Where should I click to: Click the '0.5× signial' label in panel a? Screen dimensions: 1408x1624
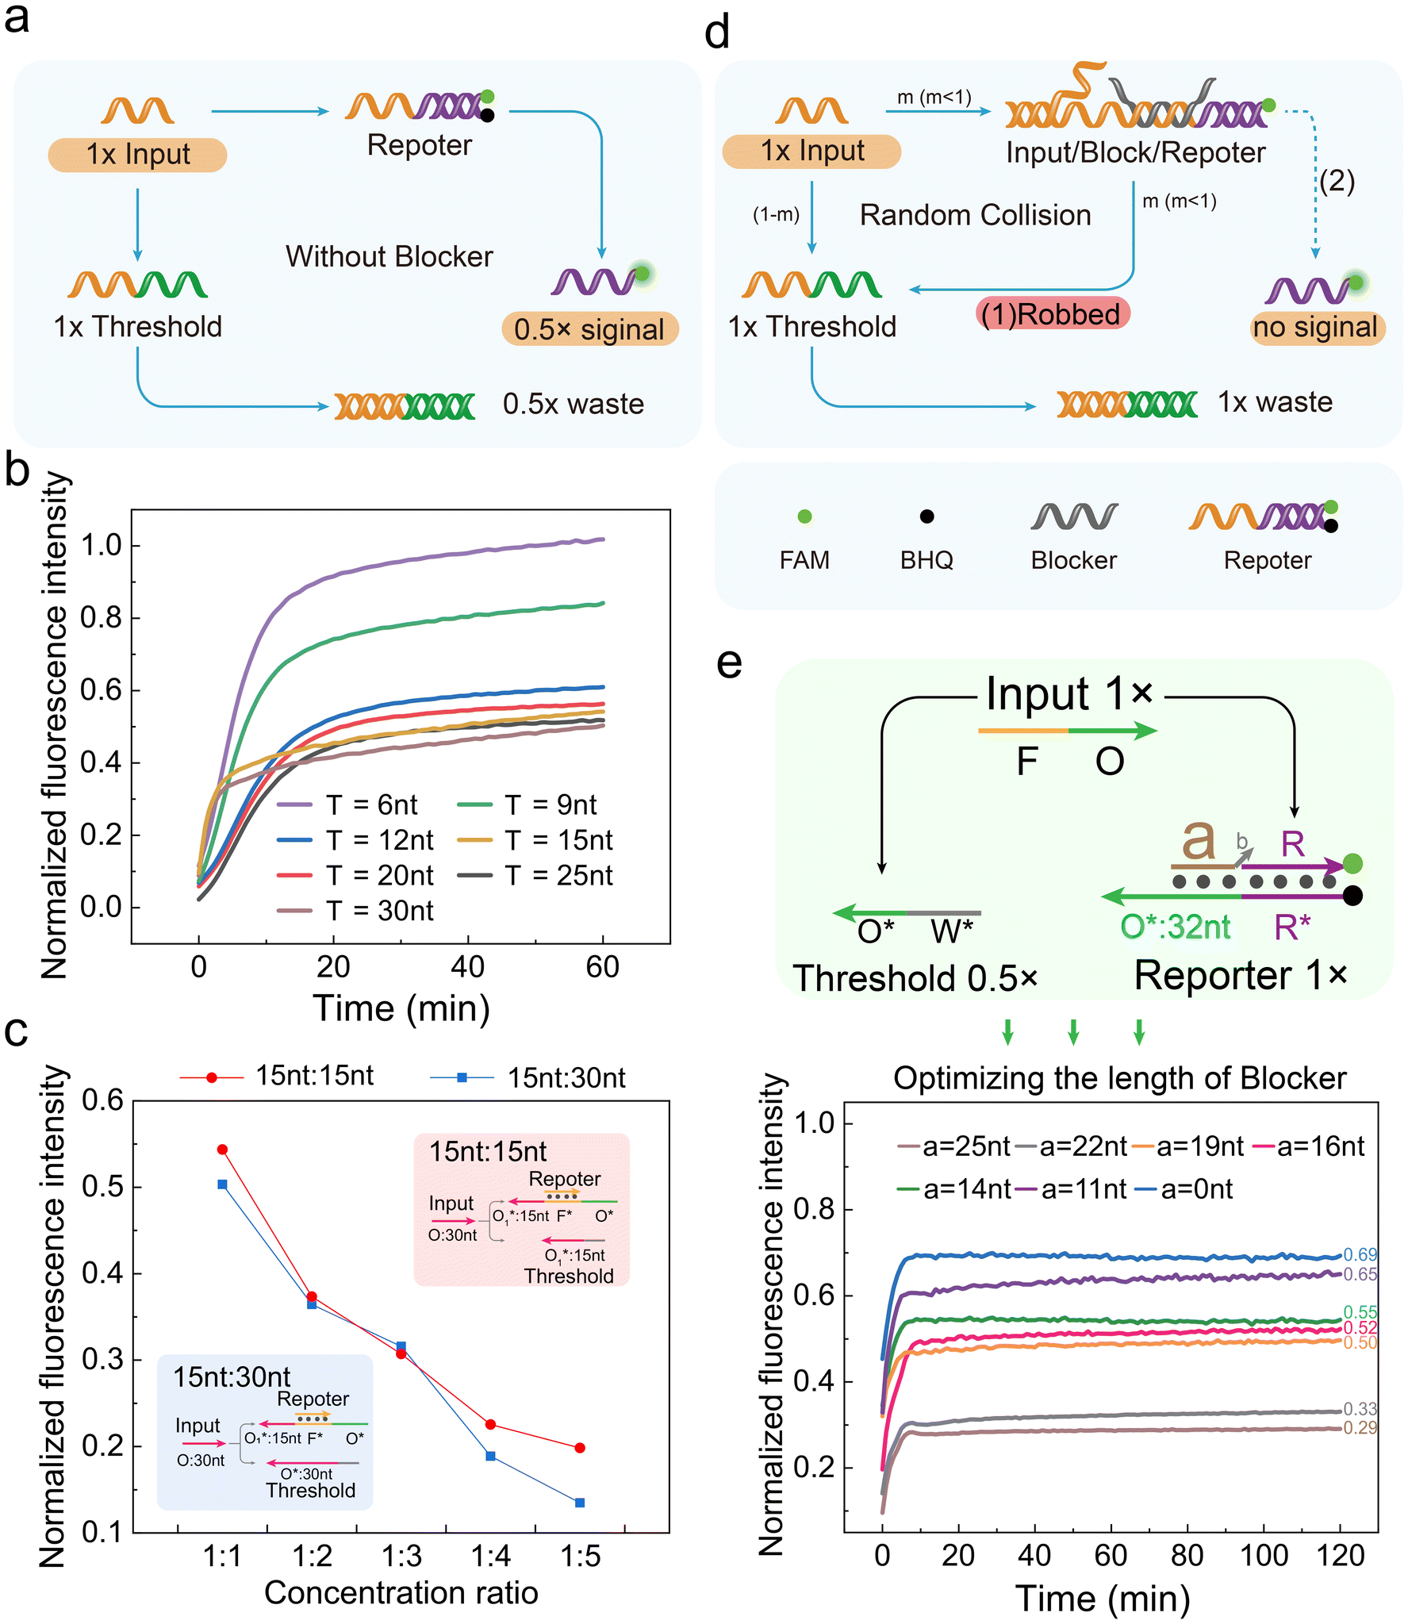pos(589,329)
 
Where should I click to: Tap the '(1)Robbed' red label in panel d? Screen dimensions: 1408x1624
pos(1051,314)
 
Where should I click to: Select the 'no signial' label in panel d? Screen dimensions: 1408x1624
pos(1316,327)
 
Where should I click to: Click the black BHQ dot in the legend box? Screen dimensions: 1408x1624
pos(927,516)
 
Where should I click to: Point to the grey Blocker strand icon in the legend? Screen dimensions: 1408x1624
pos(1074,516)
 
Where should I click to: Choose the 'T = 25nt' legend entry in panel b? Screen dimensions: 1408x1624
pos(535,875)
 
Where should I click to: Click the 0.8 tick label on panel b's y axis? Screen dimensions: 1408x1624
pos(102,617)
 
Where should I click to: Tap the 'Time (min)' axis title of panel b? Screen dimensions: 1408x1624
pos(401,1008)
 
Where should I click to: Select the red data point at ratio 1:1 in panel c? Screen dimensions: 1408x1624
pos(222,1150)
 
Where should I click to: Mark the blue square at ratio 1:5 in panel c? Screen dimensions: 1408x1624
pos(580,1503)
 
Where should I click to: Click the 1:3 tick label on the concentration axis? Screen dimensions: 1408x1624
pos(401,1557)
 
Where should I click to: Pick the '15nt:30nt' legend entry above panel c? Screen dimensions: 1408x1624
pos(528,1077)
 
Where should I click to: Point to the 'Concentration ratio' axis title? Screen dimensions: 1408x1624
pos(401,1593)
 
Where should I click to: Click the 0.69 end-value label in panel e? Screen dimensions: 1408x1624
pos(1360,1254)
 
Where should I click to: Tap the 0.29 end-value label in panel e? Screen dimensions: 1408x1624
pos(1360,1427)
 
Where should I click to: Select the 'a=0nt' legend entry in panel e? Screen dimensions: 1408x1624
pos(1184,1188)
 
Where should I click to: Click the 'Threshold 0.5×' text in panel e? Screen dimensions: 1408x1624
pos(915,978)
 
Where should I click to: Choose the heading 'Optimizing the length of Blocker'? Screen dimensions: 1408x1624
pos(1120,1078)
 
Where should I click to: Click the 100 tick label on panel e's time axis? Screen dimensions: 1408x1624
pos(1264,1556)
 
